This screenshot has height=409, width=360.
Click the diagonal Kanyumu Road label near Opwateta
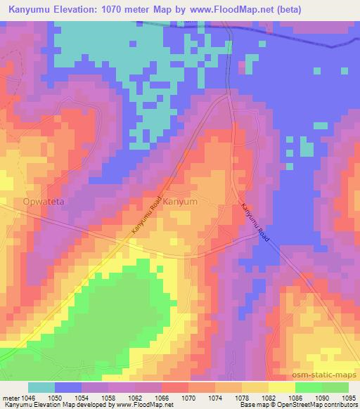tap(146, 216)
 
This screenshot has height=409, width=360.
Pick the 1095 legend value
tap(349, 398)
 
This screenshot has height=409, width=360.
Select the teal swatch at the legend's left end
tap(41, 387)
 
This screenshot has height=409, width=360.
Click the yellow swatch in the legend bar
tap(281, 387)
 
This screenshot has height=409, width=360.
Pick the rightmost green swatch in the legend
tap(335, 387)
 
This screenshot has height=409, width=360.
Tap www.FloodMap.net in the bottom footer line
tap(146, 405)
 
